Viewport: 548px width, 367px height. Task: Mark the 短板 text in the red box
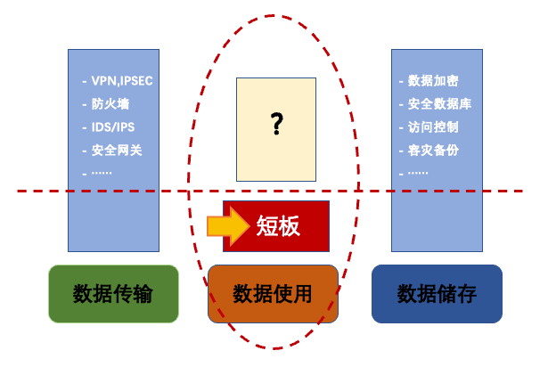coord(278,226)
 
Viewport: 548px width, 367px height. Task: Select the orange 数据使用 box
coord(273,293)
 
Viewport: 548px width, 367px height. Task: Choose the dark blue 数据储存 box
coord(437,293)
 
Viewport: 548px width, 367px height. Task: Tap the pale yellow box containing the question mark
coord(276,129)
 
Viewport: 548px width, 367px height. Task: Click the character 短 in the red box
coord(266,226)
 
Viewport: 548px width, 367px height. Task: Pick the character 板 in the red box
coord(290,226)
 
